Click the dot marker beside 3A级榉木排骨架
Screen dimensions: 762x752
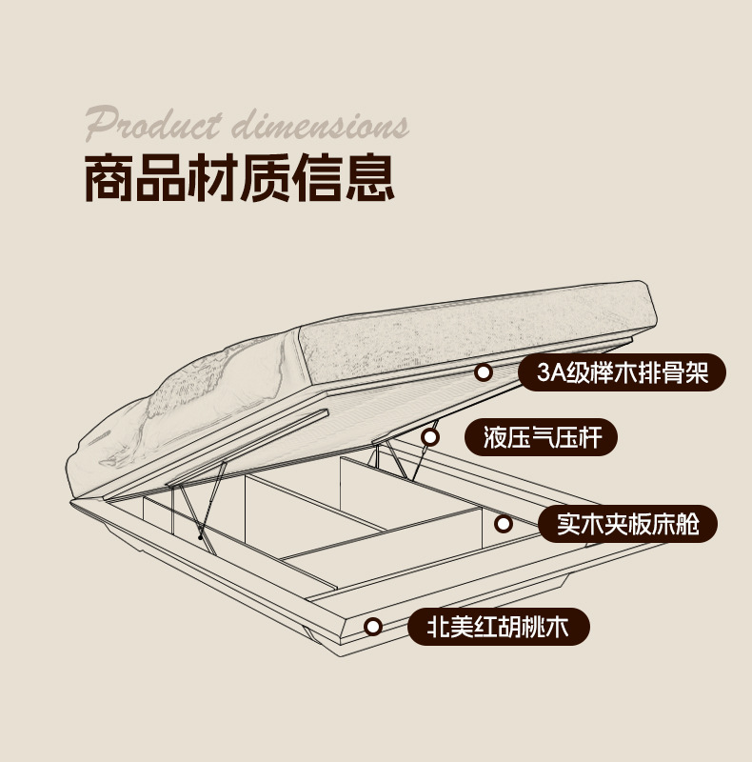[484, 372]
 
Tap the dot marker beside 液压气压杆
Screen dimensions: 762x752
[430, 437]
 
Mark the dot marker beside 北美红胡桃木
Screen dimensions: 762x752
[373, 627]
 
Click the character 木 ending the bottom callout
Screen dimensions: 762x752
[568, 627]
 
